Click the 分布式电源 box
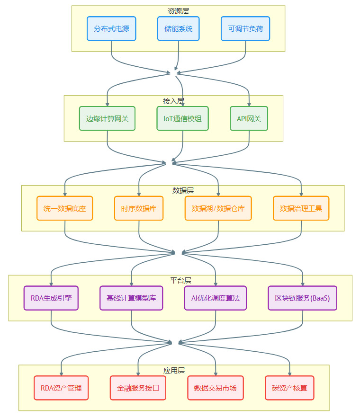(111, 28)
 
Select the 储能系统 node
(179, 28)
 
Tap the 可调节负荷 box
(245, 28)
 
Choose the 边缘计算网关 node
(108, 118)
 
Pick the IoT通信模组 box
(183, 118)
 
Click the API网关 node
(249, 118)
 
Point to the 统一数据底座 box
(65, 208)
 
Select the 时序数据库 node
(139, 208)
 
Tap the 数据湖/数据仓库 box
(218, 208)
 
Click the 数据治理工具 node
(301, 208)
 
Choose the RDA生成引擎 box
(51, 298)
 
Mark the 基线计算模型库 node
(131, 298)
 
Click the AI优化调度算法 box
(216, 298)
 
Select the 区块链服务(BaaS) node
(303, 298)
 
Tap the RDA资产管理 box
(61, 388)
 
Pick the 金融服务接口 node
(138, 388)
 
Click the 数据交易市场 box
(216, 388)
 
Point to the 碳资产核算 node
(289, 388)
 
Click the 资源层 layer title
(178, 11)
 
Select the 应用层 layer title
(173, 370)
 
